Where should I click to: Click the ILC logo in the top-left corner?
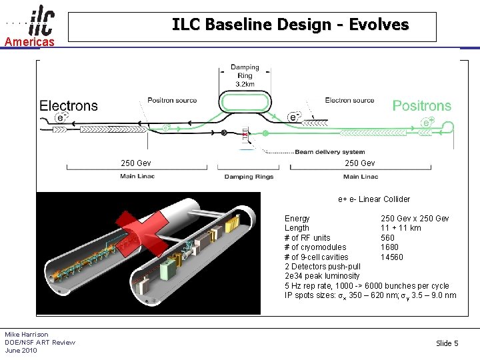(x=42, y=22)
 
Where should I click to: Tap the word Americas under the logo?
(x=30, y=42)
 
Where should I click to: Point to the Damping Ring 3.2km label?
(x=245, y=76)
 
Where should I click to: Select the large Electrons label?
(x=69, y=105)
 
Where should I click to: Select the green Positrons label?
(x=421, y=105)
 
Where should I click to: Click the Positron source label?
(x=172, y=101)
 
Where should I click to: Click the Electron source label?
(x=349, y=101)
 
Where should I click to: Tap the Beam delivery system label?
(x=330, y=152)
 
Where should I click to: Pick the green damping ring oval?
(x=245, y=103)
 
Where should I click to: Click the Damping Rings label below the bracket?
(x=248, y=177)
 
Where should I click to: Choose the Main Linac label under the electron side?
(x=137, y=177)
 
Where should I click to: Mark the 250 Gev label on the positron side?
(x=359, y=163)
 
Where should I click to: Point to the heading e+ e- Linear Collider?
(x=374, y=199)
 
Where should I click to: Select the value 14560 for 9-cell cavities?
(x=392, y=257)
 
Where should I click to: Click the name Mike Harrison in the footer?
(x=27, y=335)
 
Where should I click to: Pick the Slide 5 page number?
(x=447, y=343)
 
